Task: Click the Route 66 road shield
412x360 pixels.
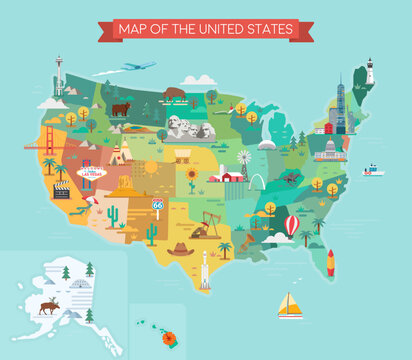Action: coord(156,204)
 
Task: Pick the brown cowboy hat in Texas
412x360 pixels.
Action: coord(180,248)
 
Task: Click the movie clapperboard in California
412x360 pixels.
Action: coord(62,189)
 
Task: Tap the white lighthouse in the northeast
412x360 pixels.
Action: coord(370,71)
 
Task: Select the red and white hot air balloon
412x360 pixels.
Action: coord(291,225)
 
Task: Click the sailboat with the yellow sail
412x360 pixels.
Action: coord(289,304)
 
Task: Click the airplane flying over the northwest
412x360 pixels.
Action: coord(139,66)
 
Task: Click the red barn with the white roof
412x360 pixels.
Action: coord(231,175)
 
